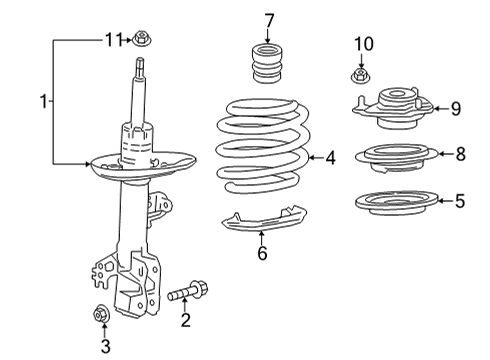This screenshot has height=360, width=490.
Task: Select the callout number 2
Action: [185, 320]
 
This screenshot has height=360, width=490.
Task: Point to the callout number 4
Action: [331, 157]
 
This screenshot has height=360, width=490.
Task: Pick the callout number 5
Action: [459, 201]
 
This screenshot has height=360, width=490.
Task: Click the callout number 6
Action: [262, 254]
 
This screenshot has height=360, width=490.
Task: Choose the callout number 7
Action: [268, 20]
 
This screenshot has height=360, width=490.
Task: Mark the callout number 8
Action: [459, 154]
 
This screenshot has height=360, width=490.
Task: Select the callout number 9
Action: [455, 108]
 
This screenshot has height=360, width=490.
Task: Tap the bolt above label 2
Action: [187, 295]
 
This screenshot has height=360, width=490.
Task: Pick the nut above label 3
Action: [102, 314]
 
